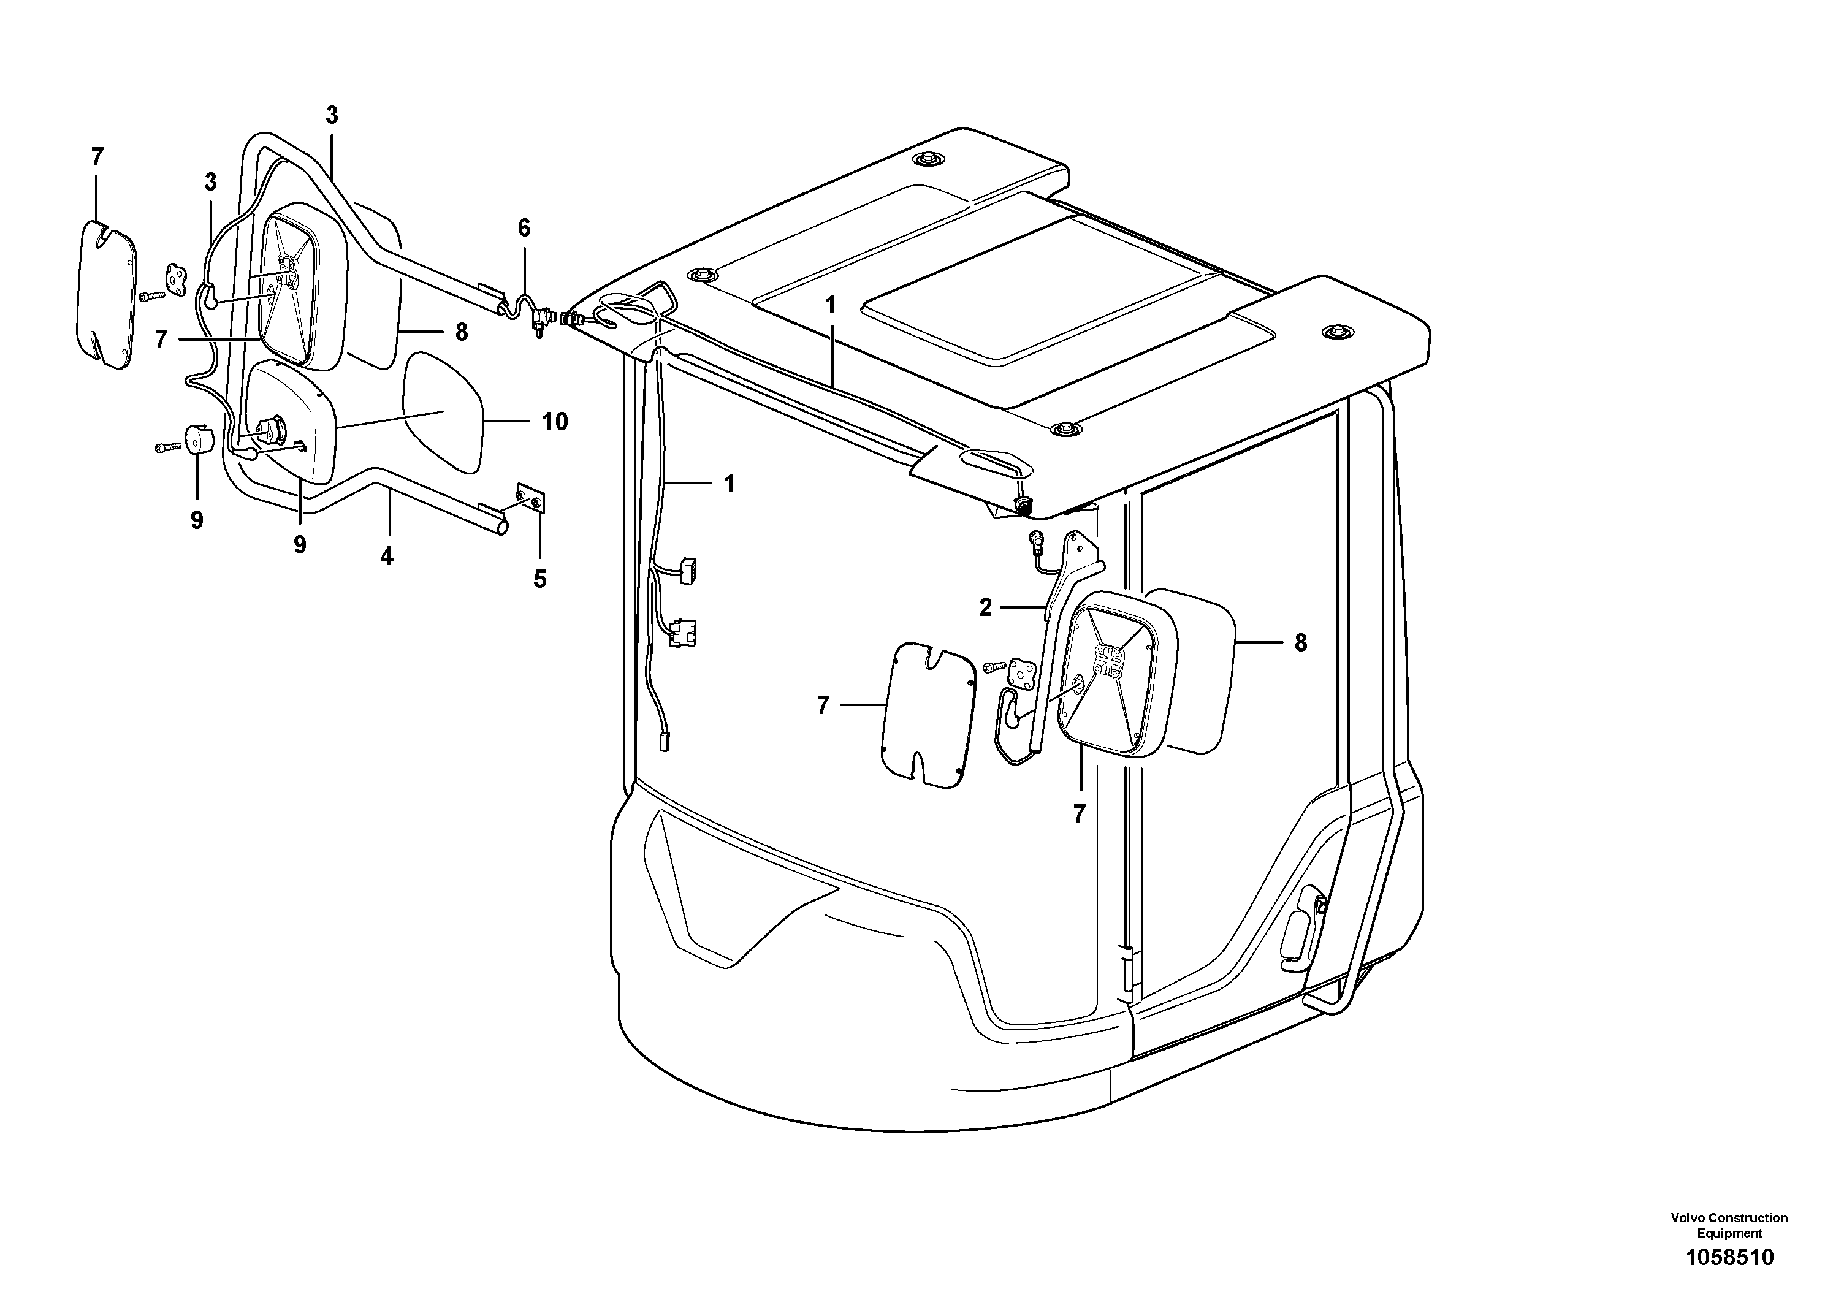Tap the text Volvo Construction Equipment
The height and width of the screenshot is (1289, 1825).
[1729, 1225]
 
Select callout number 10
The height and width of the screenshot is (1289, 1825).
[555, 421]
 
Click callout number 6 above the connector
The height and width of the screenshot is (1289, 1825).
[524, 228]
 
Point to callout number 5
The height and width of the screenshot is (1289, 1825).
[539, 579]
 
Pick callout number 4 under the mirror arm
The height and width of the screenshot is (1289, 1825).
[386, 557]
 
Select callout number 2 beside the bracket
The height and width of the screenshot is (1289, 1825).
[986, 608]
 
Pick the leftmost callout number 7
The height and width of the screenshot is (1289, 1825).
[97, 158]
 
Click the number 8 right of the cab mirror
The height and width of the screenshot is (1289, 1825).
[1300, 643]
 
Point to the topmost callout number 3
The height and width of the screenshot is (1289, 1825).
[332, 115]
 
